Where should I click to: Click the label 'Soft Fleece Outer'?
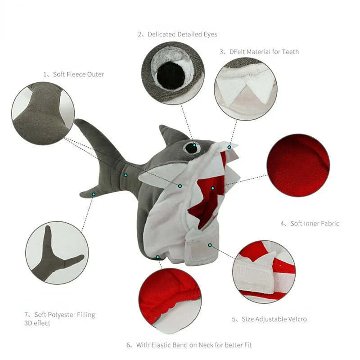[78, 74]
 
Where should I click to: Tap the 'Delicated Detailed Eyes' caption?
[182, 35]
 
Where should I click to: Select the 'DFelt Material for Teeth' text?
[264, 52]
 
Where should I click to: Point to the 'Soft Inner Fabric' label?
[315, 223]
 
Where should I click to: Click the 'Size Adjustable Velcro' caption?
[274, 319]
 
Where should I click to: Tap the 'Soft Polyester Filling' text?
[64, 315]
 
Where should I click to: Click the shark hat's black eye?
[192, 148]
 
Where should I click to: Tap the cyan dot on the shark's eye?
[194, 145]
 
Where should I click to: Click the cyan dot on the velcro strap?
[210, 245]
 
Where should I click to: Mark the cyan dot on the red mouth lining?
[213, 188]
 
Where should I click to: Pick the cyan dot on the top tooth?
[229, 147]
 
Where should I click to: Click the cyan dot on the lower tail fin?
[94, 194]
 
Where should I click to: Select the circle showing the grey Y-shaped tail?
[57, 253]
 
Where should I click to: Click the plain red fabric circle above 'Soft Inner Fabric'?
[298, 165]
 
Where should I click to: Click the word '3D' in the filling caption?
[28, 323]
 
